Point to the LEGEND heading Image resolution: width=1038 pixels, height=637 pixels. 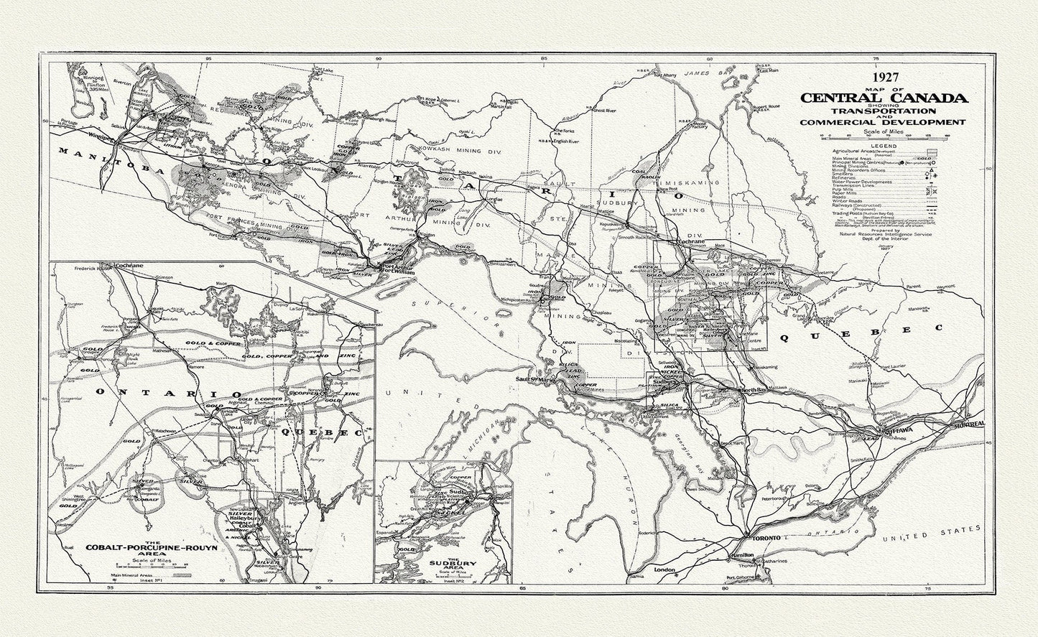pyautogui.click(x=888, y=146)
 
